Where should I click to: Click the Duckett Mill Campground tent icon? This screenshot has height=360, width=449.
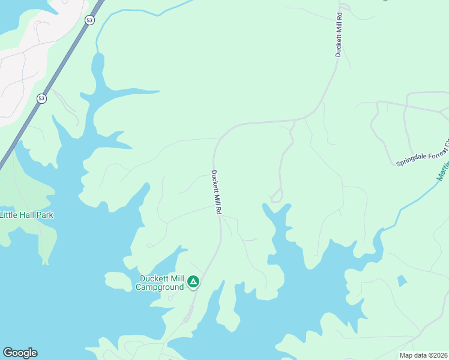193,281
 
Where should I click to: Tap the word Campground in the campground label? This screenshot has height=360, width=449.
159,287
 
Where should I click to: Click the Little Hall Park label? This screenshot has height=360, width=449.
27,215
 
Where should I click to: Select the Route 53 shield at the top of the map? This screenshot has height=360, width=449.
89,20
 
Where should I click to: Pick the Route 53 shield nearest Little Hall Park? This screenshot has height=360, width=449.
41,98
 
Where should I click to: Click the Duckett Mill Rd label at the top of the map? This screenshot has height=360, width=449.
339,35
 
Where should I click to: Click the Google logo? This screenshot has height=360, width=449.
20,353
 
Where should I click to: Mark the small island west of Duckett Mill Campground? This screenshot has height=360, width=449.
117,280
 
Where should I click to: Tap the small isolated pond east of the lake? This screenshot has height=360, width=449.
402,280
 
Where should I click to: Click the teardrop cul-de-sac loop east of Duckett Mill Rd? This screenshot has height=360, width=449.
276,196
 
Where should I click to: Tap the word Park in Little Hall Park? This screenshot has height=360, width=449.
44,215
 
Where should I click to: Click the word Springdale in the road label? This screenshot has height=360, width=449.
413,159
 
